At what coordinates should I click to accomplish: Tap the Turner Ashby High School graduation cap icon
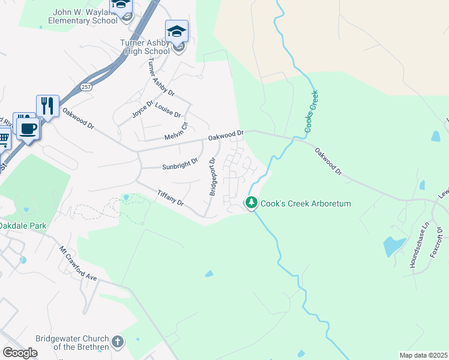click(176, 31)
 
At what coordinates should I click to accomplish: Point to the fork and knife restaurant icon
click(47, 107)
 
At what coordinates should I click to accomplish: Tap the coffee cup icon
click(28, 128)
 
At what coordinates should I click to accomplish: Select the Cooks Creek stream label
click(311, 112)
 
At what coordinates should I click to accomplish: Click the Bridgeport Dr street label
click(212, 176)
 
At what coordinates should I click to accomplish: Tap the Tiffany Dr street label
click(170, 199)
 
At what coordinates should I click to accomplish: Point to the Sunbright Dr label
click(180, 164)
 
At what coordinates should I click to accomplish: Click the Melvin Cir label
click(177, 133)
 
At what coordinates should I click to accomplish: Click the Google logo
click(20, 352)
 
